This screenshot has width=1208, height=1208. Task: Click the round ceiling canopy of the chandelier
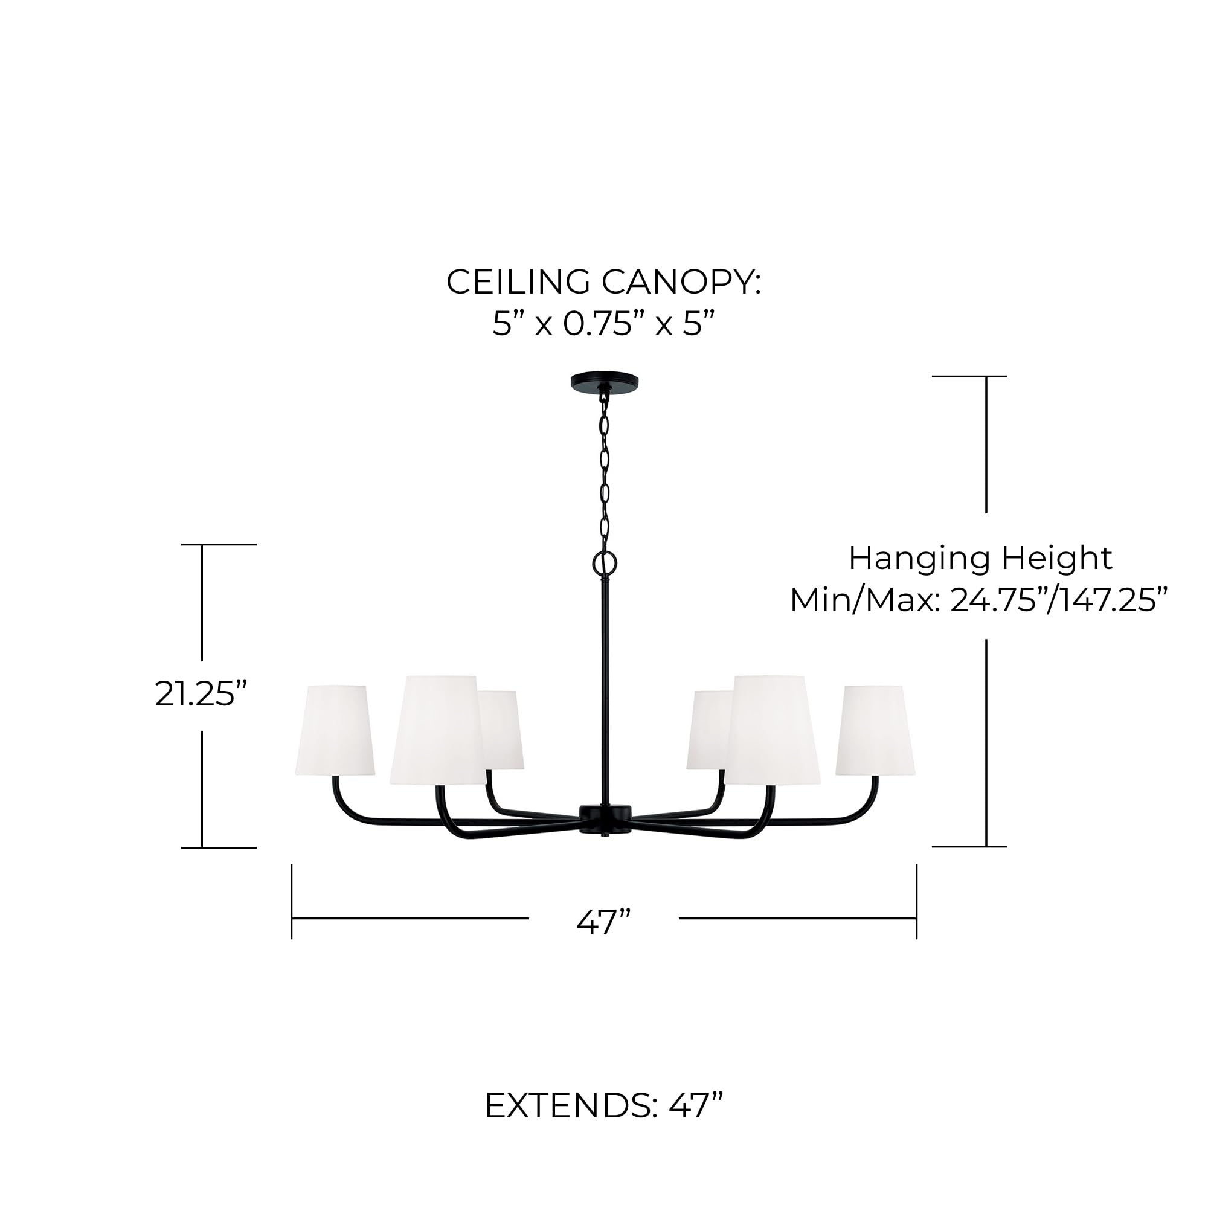coord(604,381)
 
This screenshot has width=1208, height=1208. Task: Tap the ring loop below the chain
coord(604,563)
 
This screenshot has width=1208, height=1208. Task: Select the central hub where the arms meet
coord(605,818)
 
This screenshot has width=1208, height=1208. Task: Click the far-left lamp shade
coord(335,730)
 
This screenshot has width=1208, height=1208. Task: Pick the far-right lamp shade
coord(875,730)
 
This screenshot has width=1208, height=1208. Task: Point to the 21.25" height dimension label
coord(201,694)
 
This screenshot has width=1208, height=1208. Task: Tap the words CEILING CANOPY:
coord(603,282)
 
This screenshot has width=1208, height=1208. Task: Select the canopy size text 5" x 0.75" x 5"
coord(603,324)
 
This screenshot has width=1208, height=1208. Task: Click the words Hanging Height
coord(980,558)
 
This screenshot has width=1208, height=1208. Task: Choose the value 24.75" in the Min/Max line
coord(997,600)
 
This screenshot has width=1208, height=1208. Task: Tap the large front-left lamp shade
coord(437,730)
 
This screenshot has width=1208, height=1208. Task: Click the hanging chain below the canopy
coord(604,469)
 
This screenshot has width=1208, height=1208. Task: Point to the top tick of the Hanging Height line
coord(969,376)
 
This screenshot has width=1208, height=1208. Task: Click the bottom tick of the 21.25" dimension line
coord(218,848)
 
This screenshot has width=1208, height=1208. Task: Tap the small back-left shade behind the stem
coord(504,730)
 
